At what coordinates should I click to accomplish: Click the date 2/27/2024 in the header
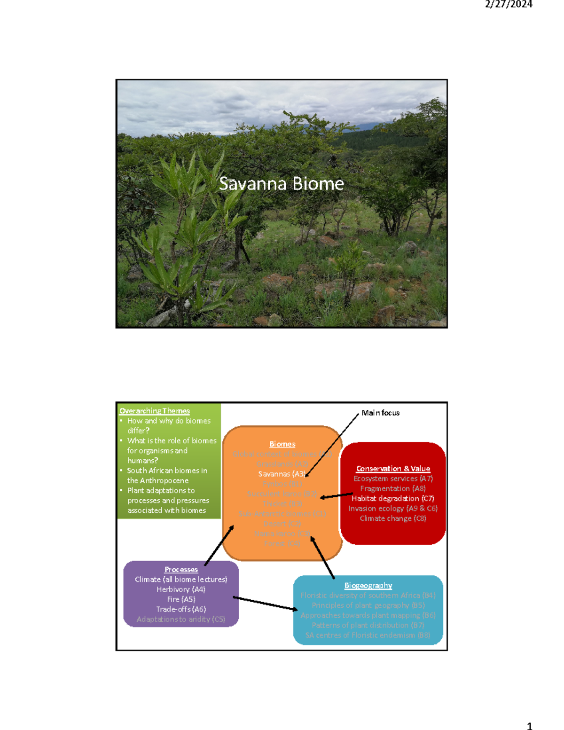click(509, 4)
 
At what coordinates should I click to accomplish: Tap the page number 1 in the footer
click(529, 726)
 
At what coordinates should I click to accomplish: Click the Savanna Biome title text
click(281, 183)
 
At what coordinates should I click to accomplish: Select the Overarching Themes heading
click(154, 411)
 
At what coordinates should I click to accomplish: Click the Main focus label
click(380, 413)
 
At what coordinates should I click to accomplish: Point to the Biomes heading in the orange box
click(282, 444)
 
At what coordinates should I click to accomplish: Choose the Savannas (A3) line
click(282, 474)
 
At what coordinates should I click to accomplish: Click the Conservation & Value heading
click(393, 469)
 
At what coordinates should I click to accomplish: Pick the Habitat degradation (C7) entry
click(393, 498)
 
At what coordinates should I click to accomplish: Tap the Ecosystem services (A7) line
click(393, 479)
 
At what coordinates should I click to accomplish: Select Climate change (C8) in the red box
click(393, 518)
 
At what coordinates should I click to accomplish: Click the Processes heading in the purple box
click(181, 569)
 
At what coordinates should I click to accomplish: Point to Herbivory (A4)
click(181, 589)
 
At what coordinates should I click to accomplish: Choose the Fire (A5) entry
click(181, 599)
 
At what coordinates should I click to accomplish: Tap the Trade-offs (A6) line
click(181, 609)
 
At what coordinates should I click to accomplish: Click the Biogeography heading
click(368, 585)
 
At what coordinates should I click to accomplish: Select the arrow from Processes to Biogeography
click(266, 604)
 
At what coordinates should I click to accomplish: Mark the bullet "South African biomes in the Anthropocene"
click(167, 475)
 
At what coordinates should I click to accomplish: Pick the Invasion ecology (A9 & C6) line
click(393, 508)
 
